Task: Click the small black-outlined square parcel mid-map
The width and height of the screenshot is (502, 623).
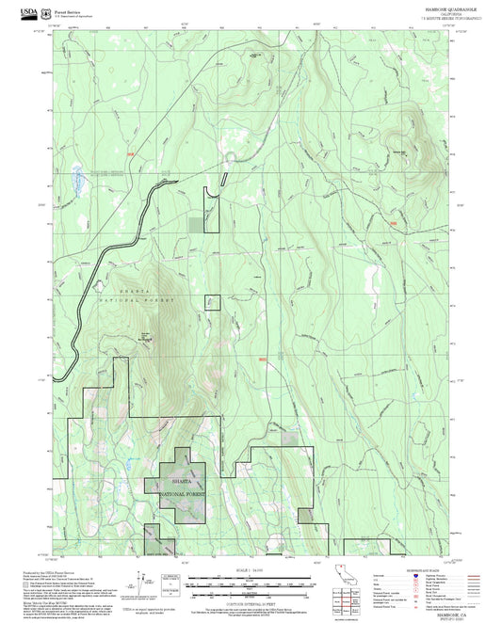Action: [x=213, y=301]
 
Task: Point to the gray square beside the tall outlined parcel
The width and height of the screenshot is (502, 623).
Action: [x=195, y=223]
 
